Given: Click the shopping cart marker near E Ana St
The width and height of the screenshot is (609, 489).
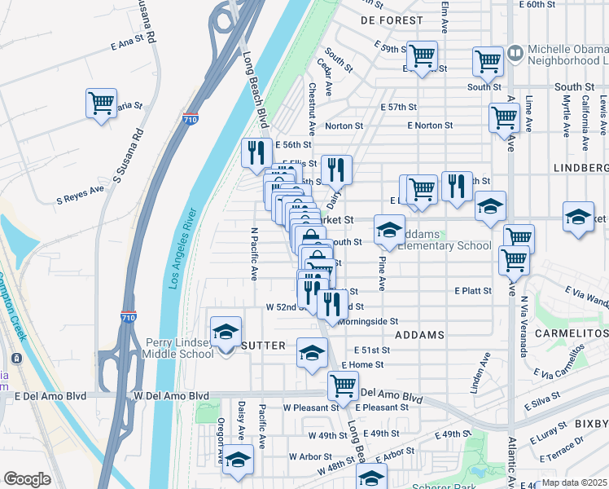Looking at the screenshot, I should (x=101, y=104).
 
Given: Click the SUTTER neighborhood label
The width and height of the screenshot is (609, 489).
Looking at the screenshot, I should (x=261, y=346).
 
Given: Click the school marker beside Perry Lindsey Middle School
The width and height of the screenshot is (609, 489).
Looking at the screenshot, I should (x=226, y=332).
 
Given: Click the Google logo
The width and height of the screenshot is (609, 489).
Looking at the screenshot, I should (x=27, y=479).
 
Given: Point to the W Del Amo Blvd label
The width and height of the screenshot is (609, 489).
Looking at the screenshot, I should (x=165, y=395).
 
